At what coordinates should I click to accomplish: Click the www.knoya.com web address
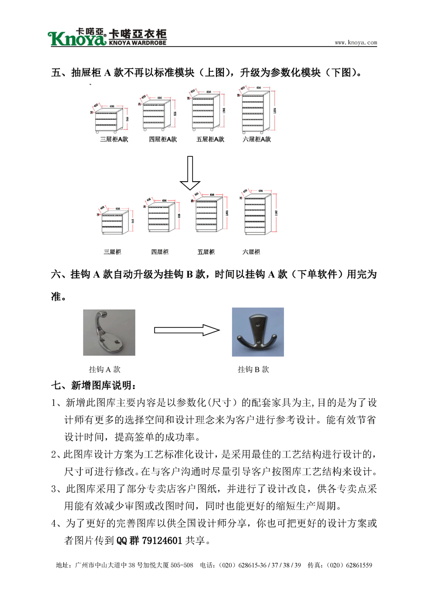[x=356, y=43]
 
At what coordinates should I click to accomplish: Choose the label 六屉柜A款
[x=257, y=139]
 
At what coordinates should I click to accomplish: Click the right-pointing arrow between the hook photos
[x=186, y=330]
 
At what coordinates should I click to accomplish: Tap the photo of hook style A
[x=109, y=332]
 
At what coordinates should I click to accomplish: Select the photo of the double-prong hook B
[x=258, y=332]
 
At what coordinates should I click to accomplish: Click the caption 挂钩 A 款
[x=105, y=369]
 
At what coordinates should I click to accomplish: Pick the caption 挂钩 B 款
[x=253, y=369]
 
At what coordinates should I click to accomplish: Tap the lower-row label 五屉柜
[x=206, y=252]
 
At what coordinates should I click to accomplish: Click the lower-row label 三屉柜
[x=112, y=252]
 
